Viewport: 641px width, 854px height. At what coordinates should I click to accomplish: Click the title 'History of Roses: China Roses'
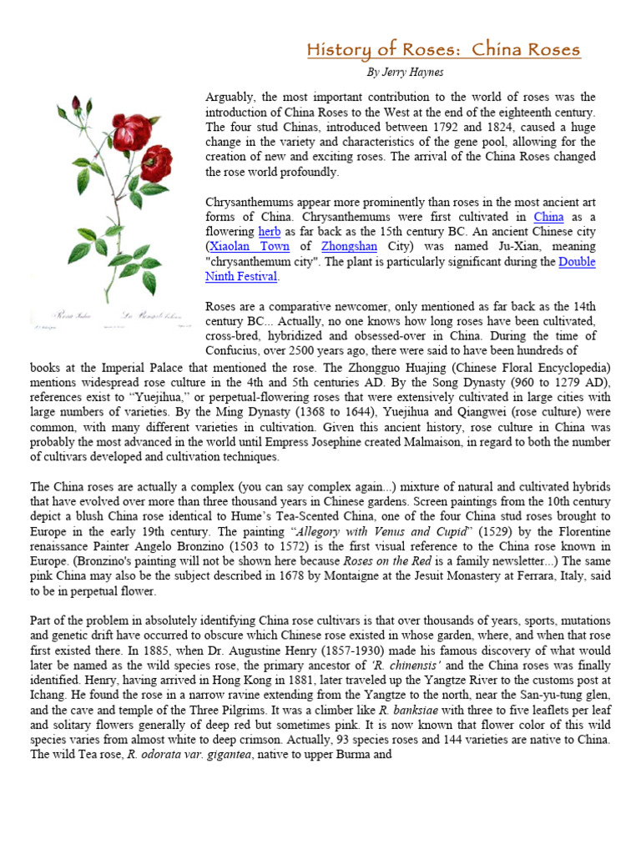(442, 50)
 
